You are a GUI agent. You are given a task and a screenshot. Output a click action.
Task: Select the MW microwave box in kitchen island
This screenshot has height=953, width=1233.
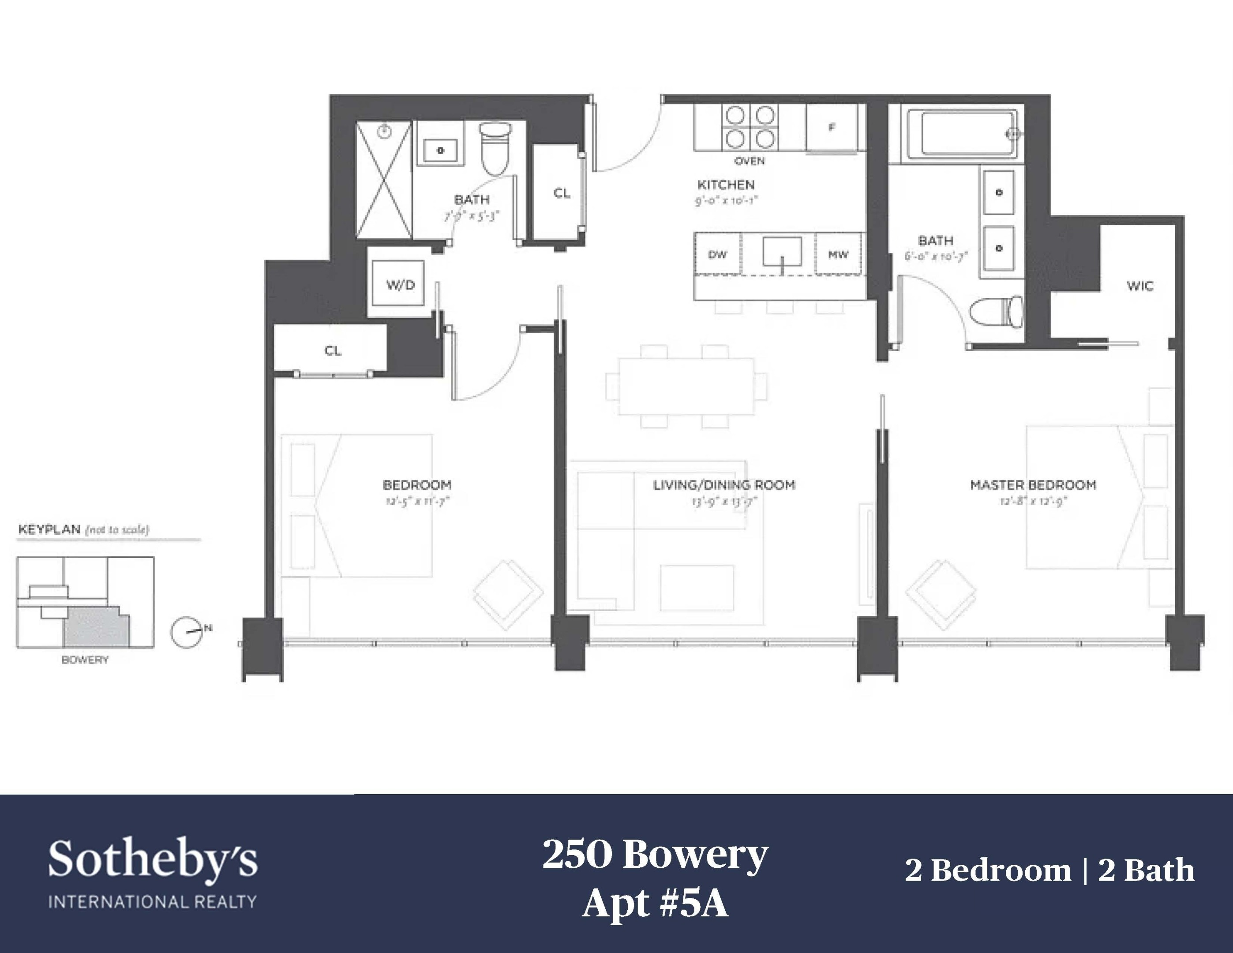838,255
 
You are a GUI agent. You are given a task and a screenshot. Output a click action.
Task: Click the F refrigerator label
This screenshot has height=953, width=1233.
832,128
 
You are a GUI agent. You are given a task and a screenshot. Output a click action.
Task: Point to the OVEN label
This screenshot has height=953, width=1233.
749,161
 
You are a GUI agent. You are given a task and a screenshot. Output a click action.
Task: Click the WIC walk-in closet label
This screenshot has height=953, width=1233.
1139,286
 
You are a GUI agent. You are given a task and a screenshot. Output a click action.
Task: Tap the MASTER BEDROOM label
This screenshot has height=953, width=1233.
1033,485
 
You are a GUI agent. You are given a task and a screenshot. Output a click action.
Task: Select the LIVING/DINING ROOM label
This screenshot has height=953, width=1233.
724,485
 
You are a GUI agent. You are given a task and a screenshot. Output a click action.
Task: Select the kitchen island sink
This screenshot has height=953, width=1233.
782,252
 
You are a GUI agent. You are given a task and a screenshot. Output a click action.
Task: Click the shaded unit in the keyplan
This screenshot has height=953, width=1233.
96,628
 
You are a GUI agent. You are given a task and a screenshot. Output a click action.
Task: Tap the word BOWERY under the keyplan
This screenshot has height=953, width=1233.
85,660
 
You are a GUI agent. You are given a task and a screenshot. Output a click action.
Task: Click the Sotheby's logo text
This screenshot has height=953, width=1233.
153,860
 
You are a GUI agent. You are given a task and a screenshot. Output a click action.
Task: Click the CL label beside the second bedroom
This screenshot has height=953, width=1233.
333,351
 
